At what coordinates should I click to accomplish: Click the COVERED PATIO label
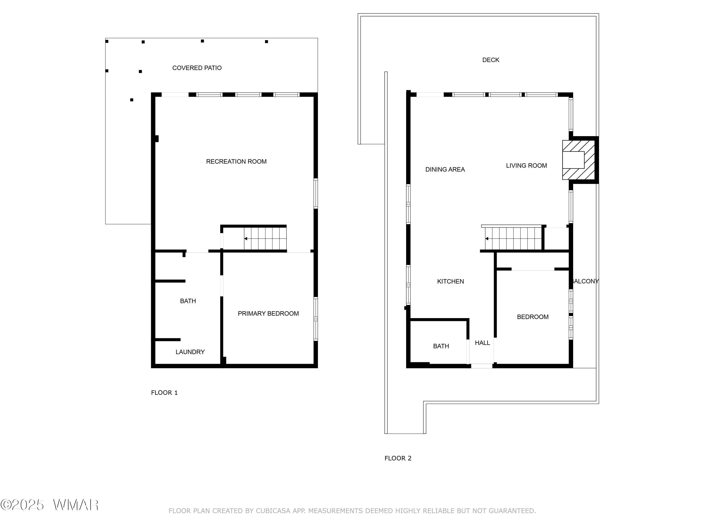197,68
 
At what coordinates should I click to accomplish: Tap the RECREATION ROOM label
236,162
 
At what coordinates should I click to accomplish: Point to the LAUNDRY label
190,352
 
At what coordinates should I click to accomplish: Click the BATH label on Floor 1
188,301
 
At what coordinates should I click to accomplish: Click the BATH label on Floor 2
441,346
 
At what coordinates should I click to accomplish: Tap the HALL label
482,343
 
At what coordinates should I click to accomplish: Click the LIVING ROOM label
526,166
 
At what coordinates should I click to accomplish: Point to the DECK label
490,60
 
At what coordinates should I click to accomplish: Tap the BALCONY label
585,281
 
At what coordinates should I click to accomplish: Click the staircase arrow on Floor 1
246,238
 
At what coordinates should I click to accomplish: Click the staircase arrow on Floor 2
487,238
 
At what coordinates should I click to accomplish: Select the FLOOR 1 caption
164,393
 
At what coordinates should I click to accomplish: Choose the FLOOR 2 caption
398,458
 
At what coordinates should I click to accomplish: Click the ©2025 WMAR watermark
49,505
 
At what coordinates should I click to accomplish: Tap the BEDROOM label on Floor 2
533,317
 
